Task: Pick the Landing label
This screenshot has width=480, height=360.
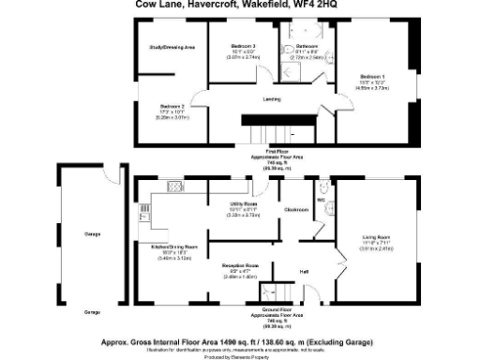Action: [272, 98]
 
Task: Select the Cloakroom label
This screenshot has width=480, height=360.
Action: [297, 208]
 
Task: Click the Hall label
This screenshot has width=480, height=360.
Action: [304, 271]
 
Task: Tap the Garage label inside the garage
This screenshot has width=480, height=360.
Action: [92, 233]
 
